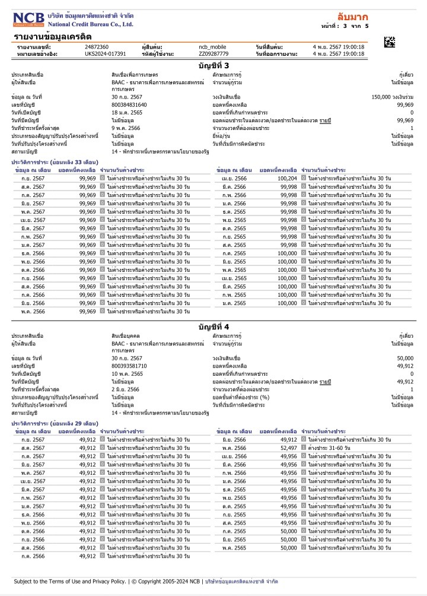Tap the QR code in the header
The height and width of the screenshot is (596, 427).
click(x=389, y=42)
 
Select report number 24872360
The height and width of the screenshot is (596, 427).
click(x=97, y=46)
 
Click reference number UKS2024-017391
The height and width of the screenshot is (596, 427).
click(x=106, y=53)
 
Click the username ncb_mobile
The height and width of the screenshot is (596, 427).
click(x=212, y=46)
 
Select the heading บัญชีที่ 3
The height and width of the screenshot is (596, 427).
click(x=213, y=65)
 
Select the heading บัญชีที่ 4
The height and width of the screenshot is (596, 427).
click(x=213, y=326)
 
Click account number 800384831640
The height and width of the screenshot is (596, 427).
click(x=129, y=104)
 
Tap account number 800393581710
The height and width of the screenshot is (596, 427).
click(x=129, y=366)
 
